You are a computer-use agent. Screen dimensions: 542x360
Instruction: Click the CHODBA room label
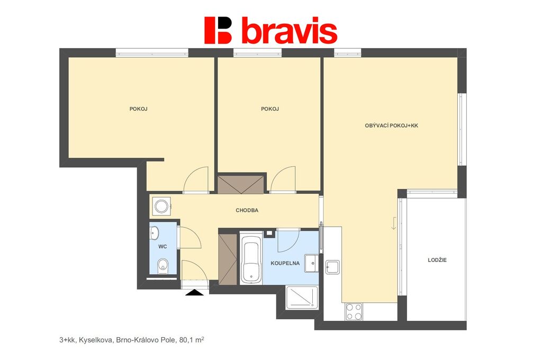(247, 210)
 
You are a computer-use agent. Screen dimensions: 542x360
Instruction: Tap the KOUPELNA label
(285, 263)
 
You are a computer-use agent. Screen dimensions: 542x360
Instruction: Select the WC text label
(162, 247)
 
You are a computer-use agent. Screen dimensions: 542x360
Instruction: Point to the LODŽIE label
(437, 260)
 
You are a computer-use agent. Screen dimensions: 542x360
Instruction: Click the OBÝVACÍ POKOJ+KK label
(391, 125)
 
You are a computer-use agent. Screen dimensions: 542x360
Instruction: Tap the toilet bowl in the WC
(162, 266)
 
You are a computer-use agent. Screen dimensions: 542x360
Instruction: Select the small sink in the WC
(154, 233)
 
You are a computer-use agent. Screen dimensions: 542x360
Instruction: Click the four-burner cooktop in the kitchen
(354, 312)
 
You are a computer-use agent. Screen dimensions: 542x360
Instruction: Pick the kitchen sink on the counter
(332, 267)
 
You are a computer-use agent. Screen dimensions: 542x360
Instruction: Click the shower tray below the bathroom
(302, 298)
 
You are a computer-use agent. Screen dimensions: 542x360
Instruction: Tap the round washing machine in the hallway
(161, 207)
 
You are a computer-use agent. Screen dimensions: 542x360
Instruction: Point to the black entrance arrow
(195, 293)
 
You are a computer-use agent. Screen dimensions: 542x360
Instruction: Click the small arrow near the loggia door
(394, 223)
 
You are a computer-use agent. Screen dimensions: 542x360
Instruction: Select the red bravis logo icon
(218, 30)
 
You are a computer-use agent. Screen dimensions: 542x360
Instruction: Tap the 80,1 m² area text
(192, 340)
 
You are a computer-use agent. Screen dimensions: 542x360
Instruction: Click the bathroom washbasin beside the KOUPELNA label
(311, 264)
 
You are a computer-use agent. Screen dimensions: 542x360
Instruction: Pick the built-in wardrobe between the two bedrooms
(241, 184)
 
